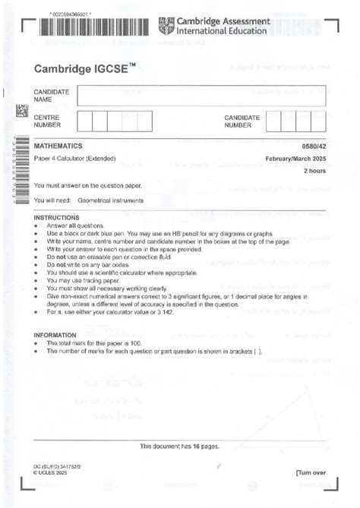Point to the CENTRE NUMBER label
click(48, 121)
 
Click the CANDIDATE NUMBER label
click(242, 121)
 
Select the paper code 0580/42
click(314, 144)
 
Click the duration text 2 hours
click(314, 171)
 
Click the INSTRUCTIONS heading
click(56, 217)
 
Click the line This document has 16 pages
click(179, 446)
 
